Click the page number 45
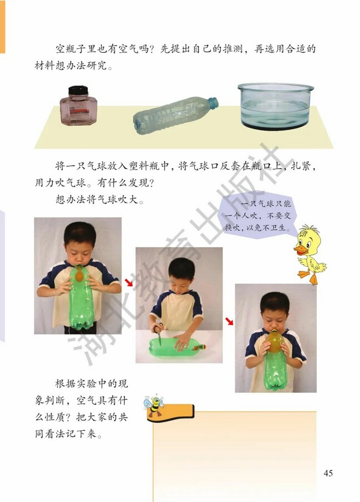328,473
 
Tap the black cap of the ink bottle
78,91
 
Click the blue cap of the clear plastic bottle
213,102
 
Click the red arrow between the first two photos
129,283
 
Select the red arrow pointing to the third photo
229,321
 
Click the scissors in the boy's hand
159,331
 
